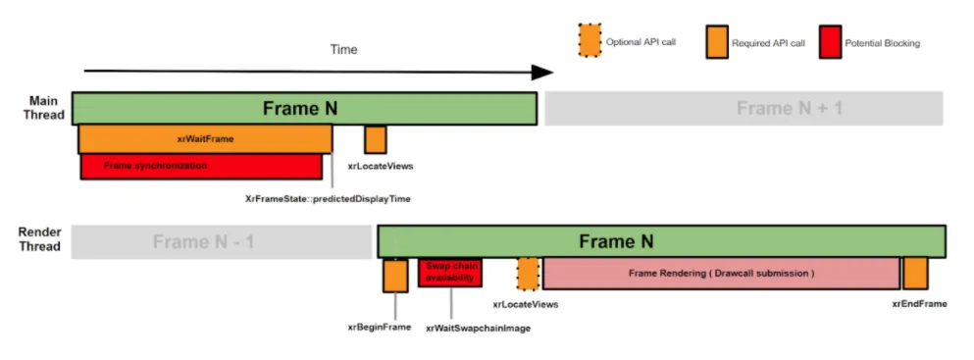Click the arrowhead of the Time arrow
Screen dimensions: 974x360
click(x=542, y=72)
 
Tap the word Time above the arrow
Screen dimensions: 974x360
click(x=343, y=50)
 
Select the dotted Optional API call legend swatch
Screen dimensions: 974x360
click(x=590, y=41)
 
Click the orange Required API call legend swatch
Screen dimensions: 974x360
click(x=717, y=42)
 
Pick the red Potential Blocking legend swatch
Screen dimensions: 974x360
click(x=830, y=42)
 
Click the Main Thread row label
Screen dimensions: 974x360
click(x=46, y=107)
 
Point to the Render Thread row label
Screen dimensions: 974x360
click(x=39, y=239)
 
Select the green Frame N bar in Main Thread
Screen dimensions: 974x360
click(x=304, y=109)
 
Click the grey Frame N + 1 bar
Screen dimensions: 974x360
click(x=744, y=109)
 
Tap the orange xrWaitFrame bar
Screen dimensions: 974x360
click(x=205, y=139)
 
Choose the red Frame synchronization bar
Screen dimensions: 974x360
click(x=201, y=167)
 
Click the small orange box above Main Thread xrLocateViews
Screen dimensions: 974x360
click(x=376, y=139)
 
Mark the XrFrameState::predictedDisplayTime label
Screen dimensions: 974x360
click(x=328, y=199)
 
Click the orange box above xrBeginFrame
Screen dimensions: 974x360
click(x=395, y=276)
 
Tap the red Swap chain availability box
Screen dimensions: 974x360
click(x=450, y=273)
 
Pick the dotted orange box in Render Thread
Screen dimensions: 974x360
click(x=528, y=274)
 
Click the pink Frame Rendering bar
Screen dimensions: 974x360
click(x=721, y=273)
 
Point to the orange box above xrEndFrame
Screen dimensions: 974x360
click(x=915, y=273)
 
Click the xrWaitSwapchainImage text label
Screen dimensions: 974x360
click(x=479, y=329)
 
